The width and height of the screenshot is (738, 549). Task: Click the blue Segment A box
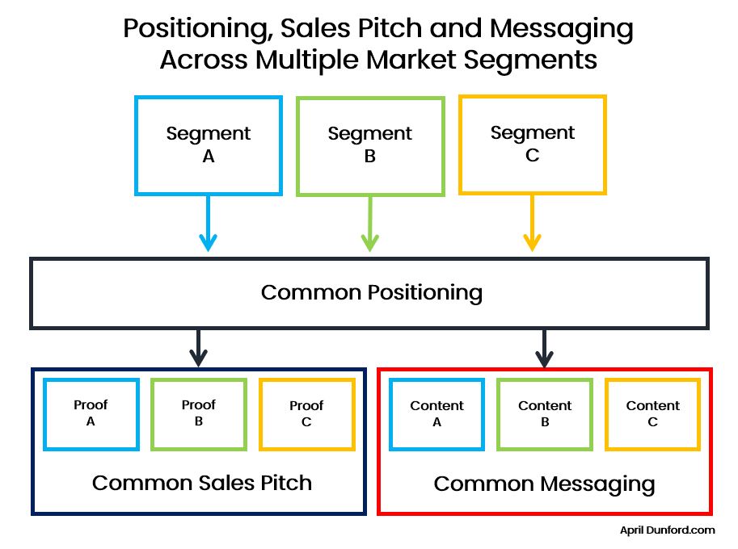(x=209, y=145)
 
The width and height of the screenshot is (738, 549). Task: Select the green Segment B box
(x=370, y=146)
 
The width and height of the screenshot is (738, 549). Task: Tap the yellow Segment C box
(x=532, y=145)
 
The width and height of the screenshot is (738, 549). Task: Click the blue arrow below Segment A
(x=209, y=224)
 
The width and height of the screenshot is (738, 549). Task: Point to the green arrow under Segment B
(x=370, y=224)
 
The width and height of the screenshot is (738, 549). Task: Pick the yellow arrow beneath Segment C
(x=532, y=224)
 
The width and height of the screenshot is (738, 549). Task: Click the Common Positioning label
(x=371, y=292)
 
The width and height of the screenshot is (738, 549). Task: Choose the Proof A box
(x=91, y=413)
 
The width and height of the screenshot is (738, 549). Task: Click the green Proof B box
(x=198, y=413)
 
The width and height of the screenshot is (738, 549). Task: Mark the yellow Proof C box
(x=306, y=413)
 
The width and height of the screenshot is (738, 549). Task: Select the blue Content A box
(x=436, y=413)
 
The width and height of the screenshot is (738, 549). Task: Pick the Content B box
(x=545, y=413)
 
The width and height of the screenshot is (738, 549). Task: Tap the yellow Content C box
(x=652, y=413)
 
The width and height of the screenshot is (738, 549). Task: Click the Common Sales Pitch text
(x=201, y=483)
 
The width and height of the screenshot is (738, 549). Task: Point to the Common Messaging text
(x=544, y=484)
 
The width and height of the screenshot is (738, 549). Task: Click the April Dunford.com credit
(x=667, y=530)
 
